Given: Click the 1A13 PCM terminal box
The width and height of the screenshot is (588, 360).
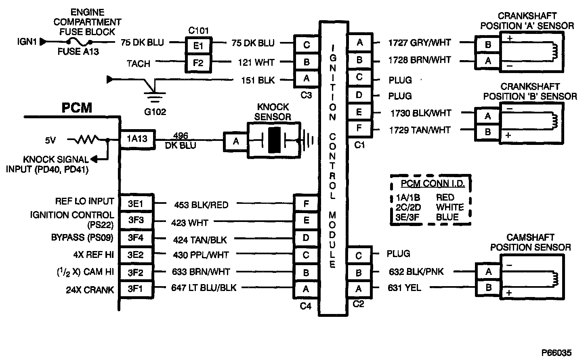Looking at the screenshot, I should tap(137, 139).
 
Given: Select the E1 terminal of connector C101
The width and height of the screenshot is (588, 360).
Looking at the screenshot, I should tap(198, 45).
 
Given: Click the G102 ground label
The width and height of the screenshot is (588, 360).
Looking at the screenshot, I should tap(155, 112).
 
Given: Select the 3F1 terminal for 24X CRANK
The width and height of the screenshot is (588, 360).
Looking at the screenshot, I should tap(136, 289).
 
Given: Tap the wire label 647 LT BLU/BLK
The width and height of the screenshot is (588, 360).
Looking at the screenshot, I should tap(205, 288).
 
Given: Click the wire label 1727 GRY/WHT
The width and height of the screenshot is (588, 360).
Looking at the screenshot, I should tap(419, 42).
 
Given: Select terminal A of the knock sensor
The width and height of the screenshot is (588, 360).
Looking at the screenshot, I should tap(236, 141).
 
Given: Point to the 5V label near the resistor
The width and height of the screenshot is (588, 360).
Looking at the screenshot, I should tap(50, 140).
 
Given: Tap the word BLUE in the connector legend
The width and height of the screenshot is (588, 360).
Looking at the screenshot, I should tap(447, 217).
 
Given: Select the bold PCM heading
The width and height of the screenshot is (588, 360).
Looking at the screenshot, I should tap(77, 108).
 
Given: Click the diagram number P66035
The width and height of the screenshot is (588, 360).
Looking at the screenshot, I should tap(556, 353).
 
